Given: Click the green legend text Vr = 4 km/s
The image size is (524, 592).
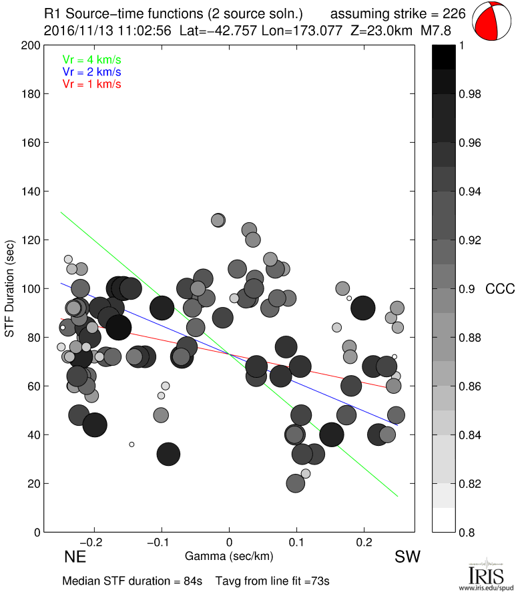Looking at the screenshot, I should (x=91, y=59).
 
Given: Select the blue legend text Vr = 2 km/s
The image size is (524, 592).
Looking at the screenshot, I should (x=91, y=71).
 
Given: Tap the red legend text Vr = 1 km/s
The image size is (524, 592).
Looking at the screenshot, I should (x=91, y=84).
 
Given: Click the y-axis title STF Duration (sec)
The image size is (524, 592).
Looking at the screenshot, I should (x=10, y=288).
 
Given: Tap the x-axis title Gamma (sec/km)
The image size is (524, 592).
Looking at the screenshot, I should (x=229, y=555).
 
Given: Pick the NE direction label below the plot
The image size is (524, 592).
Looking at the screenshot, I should (x=74, y=557).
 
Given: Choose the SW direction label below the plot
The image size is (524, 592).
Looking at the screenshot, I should (x=407, y=557).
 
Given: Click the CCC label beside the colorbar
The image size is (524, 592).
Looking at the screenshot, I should (x=500, y=289).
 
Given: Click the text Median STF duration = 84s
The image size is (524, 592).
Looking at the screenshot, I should (x=132, y=581).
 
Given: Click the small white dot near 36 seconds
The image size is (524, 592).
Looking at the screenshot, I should (x=132, y=444).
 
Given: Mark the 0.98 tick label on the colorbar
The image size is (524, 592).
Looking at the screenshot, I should (x=471, y=94).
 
